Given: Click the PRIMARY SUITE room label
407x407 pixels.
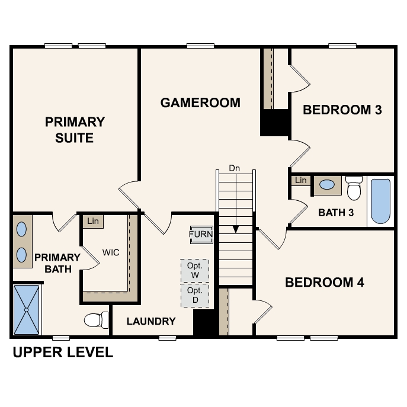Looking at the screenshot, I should tap(75, 130).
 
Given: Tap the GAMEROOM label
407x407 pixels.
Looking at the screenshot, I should tap(200, 102).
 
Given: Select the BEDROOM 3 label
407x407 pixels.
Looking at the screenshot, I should tap(342, 110).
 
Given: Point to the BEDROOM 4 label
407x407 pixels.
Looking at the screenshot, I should tap(324, 282).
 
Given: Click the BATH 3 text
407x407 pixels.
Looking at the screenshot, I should tap(336, 212).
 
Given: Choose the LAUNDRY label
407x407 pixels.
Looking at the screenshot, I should tap(152, 321).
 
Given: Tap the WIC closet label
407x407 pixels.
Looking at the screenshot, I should tap(111, 252).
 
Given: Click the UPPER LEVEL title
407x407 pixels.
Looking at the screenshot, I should tap(63, 352).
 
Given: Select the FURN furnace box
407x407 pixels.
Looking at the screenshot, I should tap(201, 234).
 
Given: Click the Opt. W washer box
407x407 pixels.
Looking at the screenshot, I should tap(195, 270).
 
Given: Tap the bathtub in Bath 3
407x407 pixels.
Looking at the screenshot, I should tap(380, 201).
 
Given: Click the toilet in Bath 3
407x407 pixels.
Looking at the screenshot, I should tap(354, 188).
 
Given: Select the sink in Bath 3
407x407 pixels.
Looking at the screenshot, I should tap(326, 185).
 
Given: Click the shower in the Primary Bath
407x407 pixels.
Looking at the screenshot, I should tap(27, 309).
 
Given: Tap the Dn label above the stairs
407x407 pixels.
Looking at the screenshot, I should tap(235, 168).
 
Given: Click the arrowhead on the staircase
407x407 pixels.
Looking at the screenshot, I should tap(235, 229).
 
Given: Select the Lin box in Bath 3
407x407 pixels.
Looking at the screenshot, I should tap(301, 180).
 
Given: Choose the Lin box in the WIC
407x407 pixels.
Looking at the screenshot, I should tap(92, 221).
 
